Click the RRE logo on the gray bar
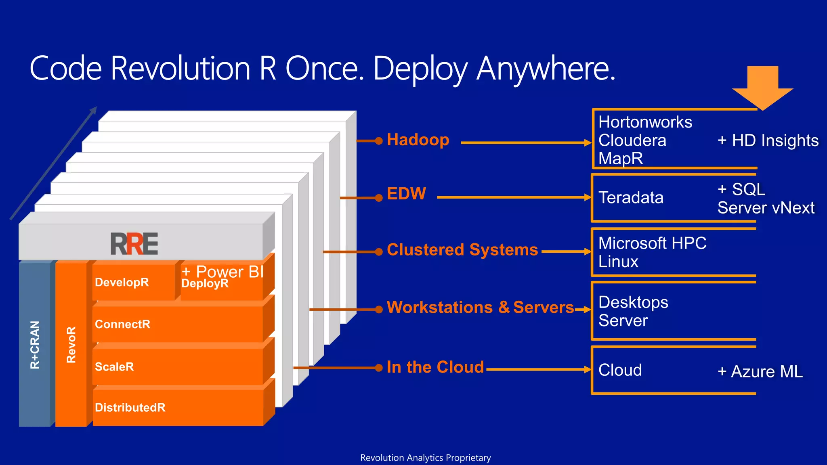pyautogui.click(x=134, y=244)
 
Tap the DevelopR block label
pyautogui.click(x=122, y=282)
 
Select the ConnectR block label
pyautogui.click(x=122, y=324)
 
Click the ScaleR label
pyautogui.click(x=114, y=367)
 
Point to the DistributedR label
pyautogui.click(x=130, y=407)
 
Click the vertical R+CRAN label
pyautogui.click(x=35, y=345)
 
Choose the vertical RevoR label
pyautogui.click(x=71, y=345)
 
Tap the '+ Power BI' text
pyautogui.click(x=222, y=272)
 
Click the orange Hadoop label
pyautogui.click(x=418, y=140)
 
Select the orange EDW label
pyautogui.click(x=406, y=194)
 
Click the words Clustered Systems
pyautogui.click(x=462, y=250)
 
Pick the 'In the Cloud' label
pyautogui.click(x=435, y=367)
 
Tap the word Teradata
pyautogui.click(x=631, y=198)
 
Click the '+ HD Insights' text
pyautogui.click(x=768, y=140)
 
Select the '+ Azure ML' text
pyautogui.click(x=760, y=372)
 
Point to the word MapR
pyautogui.click(x=621, y=158)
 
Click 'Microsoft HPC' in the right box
pyautogui.click(x=652, y=243)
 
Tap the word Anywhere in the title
pyautogui.click(x=546, y=69)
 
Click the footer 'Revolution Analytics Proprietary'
pyautogui.click(x=425, y=458)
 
